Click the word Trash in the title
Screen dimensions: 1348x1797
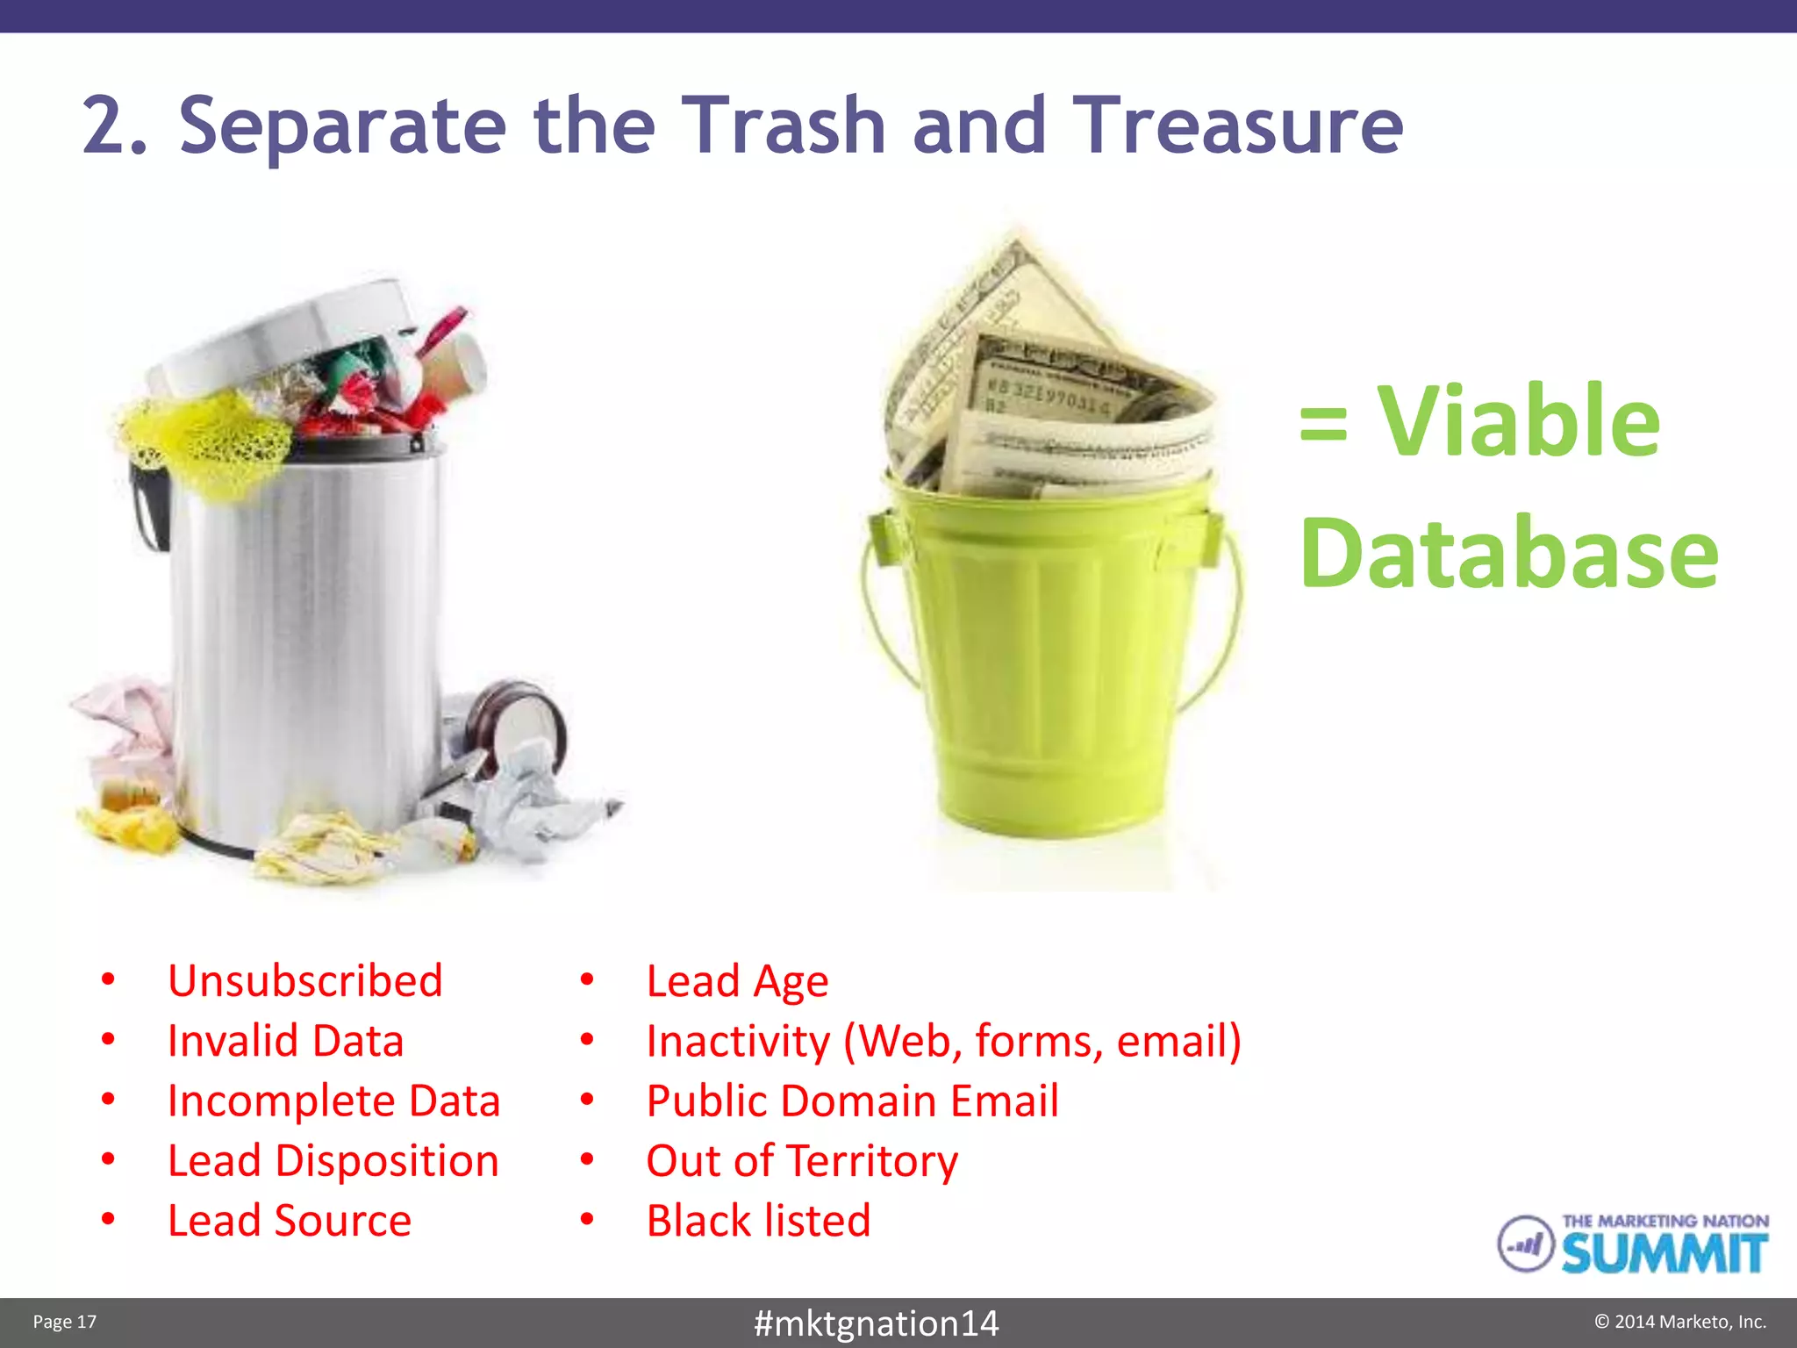click(x=783, y=125)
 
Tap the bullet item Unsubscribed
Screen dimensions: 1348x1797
click(x=304, y=981)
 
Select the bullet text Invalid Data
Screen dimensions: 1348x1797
click(x=285, y=1042)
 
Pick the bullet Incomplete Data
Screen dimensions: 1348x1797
click(x=333, y=1101)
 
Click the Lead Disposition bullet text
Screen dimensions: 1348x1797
click(x=333, y=1161)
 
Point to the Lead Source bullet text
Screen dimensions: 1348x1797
click(x=290, y=1221)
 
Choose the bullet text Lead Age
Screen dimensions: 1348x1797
click(x=737, y=981)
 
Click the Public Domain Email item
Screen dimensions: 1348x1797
click(x=852, y=1101)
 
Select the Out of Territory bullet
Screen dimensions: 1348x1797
click(x=802, y=1161)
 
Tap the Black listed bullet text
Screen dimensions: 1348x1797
click(x=758, y=1221)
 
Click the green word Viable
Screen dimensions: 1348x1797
click(x=1518, y=422)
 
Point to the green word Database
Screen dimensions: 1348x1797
click(x=1508, y=554)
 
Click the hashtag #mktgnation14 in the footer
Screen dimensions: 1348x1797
click(x=876, y=1323)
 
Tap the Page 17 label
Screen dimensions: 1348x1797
click(x=64, y=1322)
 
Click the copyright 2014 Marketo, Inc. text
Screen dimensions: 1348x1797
click(x=1679, y=1322)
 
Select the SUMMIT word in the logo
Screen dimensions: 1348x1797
click(x=1664, y=1253)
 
